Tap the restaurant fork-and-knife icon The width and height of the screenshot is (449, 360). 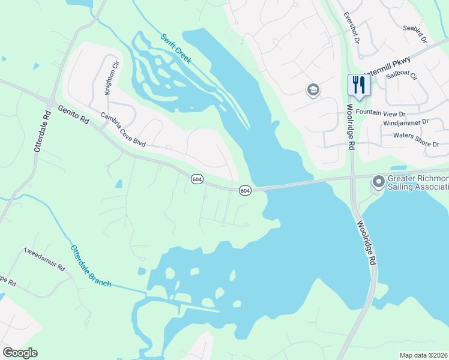[360, 84]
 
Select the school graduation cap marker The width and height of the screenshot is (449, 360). [313, 91]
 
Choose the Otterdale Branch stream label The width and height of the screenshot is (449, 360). [91, 266]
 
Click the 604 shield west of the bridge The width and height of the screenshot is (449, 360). [197, 179]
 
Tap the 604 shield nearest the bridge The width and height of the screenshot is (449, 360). [245, 190]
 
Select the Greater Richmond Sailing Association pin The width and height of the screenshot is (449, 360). [378, 181]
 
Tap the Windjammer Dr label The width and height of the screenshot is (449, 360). [405, 122]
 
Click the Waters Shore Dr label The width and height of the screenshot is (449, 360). [416, 136]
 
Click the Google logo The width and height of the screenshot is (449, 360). [20, 353]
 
